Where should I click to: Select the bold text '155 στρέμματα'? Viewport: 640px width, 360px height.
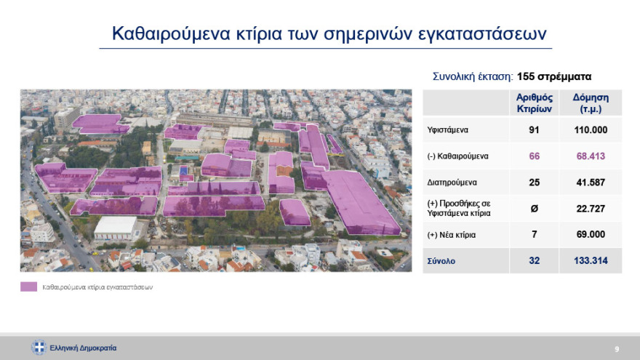coord(554,76)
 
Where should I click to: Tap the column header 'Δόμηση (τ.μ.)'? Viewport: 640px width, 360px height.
coord(591,103)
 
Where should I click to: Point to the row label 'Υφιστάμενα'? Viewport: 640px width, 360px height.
coord(447,131)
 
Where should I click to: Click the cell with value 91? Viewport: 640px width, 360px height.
coord(535,131)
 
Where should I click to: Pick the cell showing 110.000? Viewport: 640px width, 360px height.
coord(591,131)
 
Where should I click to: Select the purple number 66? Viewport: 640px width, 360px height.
coord(535,156)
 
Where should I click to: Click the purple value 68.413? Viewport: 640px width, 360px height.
coord(591,156)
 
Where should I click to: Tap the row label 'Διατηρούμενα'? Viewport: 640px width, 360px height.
coord(451,183)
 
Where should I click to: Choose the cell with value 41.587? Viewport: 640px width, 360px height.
coord(591,183)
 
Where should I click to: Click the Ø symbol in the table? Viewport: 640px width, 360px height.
coord(535,209)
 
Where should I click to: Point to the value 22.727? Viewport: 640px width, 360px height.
coord(591,209)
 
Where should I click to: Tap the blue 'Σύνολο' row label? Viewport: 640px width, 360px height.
coord(441,260)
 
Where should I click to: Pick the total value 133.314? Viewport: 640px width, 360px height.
coord(591,260)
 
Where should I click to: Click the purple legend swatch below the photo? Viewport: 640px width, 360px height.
coord(28,287)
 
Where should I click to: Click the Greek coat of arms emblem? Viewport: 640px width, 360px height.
coord(39,348)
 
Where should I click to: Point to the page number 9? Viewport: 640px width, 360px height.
coord(617,348)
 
